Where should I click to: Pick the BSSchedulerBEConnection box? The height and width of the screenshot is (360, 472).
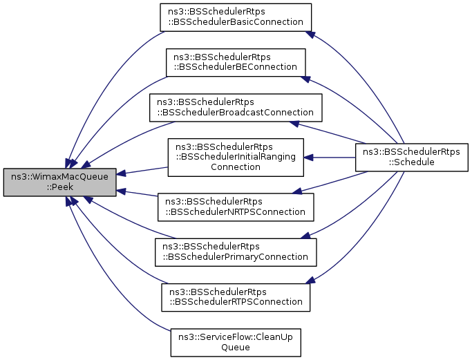(235, 62)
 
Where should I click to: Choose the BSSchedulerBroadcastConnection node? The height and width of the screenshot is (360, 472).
(235, 107)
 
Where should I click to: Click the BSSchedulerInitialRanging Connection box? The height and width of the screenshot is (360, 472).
(235, 157)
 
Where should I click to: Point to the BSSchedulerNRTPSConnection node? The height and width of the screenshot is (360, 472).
(235, 207)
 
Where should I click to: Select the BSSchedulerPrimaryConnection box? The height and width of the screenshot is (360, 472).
(235, 252)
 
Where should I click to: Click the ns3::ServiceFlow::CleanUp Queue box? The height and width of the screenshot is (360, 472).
(235, 342)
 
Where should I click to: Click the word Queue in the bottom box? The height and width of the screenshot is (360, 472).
(235, 348)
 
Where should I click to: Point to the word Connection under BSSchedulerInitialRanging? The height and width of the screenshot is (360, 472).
(235, 167)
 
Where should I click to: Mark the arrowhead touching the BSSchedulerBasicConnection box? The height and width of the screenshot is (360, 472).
(311, 34)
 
